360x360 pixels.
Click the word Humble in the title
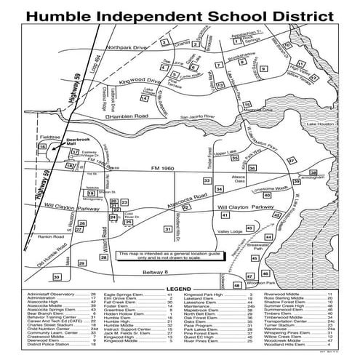click(68, 15)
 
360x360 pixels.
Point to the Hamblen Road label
click(127, 116)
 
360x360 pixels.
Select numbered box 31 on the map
click(168, 229)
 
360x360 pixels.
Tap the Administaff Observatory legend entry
click(51, 294)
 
